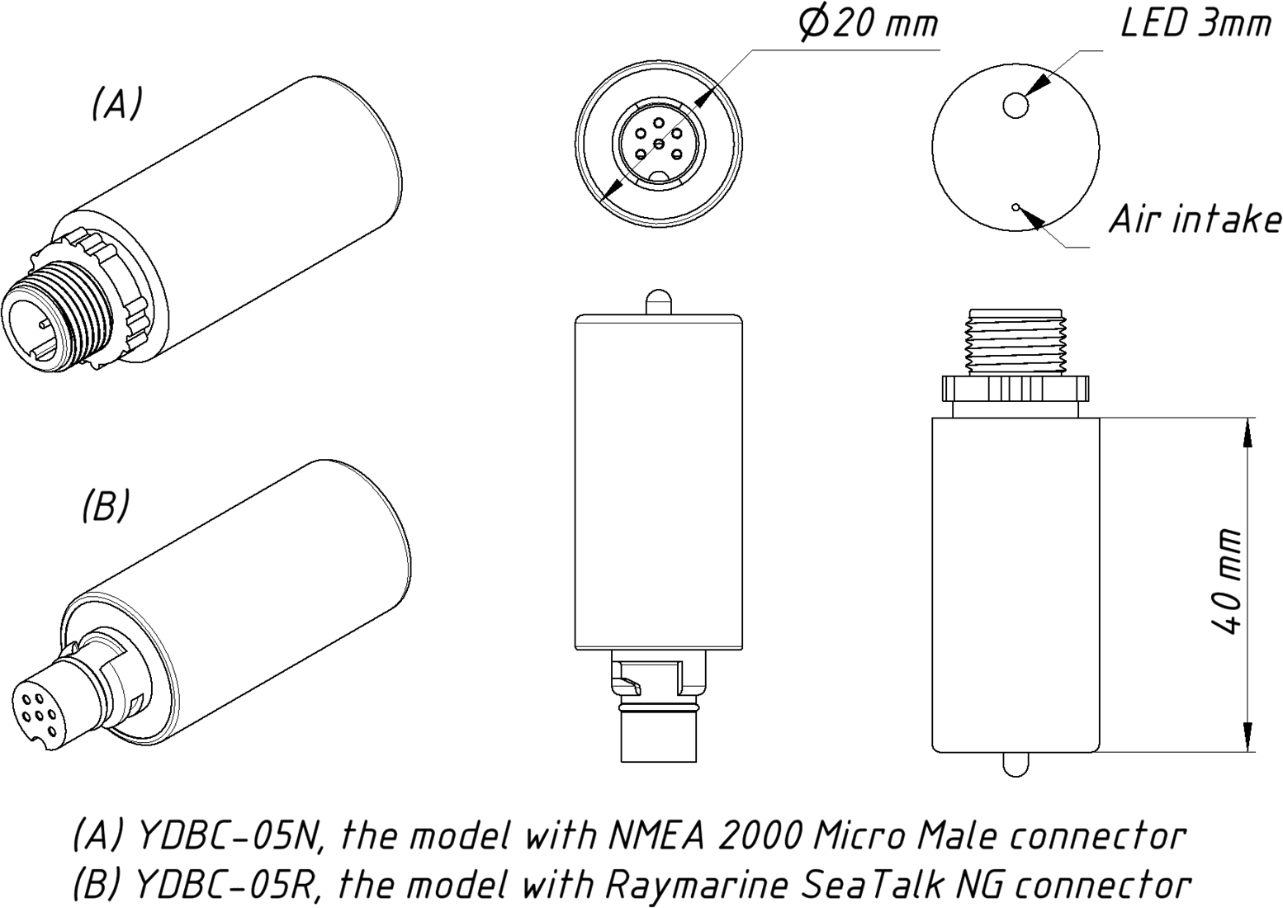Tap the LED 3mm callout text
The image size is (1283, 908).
[1194, 23]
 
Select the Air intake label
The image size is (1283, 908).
[1195, 220]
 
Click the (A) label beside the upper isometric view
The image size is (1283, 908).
[116, 104]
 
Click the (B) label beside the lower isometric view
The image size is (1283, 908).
[106, 505]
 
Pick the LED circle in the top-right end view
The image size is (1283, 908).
[1016, 105]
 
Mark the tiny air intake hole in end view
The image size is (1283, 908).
[1016, 207]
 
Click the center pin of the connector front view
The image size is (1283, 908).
[658, 145]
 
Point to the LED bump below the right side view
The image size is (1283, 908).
[1016, 764]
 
